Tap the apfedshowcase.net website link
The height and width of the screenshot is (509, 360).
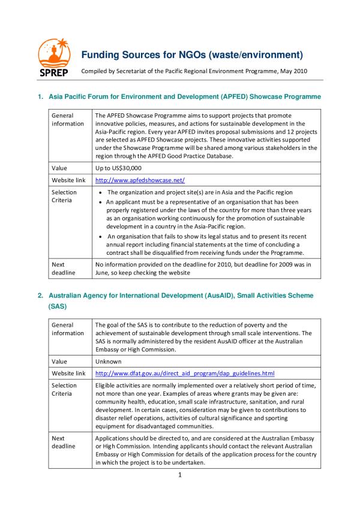click(x=140, y=180)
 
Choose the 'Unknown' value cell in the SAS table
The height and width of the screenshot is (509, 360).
click(x=109, y=362)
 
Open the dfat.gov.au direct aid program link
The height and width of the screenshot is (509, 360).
click(x=185, y=374)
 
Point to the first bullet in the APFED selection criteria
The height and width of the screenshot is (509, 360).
click(x=100, y=193)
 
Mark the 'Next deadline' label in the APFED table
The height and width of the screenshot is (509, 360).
click(x=63, y=268)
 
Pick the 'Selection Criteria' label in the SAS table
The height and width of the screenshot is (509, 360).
click(x=64, y=390)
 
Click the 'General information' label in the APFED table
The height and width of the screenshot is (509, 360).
click(x=68, y=119)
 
